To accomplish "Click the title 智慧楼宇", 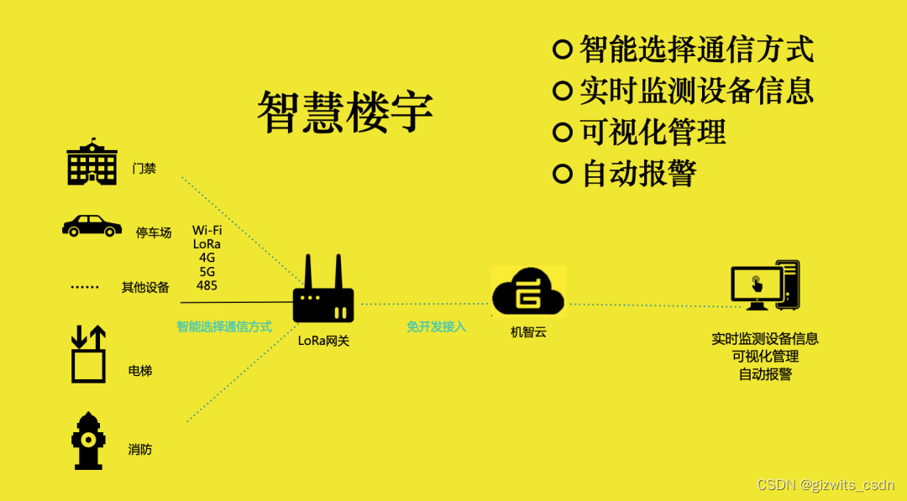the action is click(x=345, y=112).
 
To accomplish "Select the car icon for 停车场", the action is click(x=92, y=226).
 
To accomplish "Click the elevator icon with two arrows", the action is click(x=88, y=353).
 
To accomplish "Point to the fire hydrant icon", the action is click(x=88, y=441).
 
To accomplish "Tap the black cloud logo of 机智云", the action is click(x=528, y=291).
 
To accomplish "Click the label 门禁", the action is click(x=144, y=168).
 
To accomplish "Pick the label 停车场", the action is click(x=154, y=232).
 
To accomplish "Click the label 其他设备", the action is click(x=145, y=287).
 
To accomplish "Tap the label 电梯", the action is click(x=140, y=370).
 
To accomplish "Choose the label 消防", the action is click(x=140, y=449).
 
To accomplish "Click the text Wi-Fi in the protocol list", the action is click(x=207, y=230).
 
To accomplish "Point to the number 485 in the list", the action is click(x=207, y=285).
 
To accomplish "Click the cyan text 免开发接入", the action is click(x=437, y=326).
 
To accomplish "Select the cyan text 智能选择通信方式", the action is click(x=224, y=326).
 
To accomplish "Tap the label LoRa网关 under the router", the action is click(x=323, y=340).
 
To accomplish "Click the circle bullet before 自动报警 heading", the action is click(x=562, y=174).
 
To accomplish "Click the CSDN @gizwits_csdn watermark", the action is click(x=826, y=485).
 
